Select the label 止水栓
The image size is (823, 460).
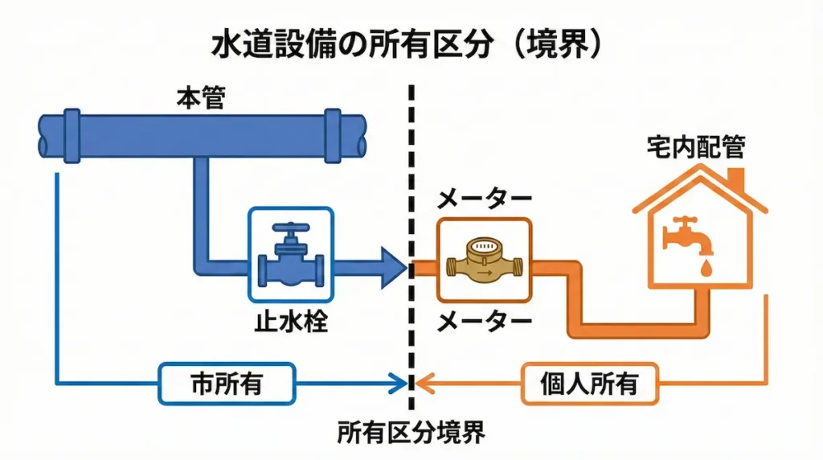pyautogui.click(x=290, y=323)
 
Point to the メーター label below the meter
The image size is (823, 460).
pyautogui.click(x=483, y=323)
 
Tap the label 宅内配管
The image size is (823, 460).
pyautogui.click(x=696, y=147)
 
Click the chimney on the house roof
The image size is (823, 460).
pyautogui.click(x=736, y=176)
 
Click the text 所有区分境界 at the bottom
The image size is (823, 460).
pyautogui.click(x=411, y=433)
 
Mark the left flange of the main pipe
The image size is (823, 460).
pyautogui.click(x=70, y=134)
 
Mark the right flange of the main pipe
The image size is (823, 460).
pyautogui.click(x=334, y=134)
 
